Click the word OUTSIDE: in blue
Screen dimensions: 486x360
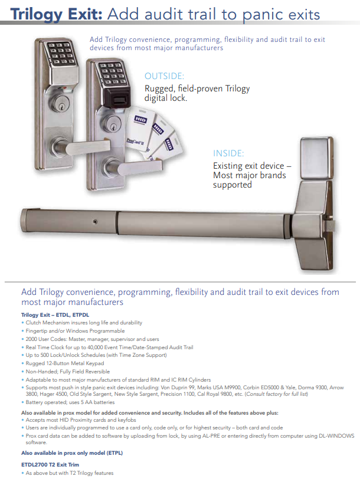click(164, 76)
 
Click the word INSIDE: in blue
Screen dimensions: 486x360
click(228, 154)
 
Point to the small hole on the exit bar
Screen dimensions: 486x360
click(96, 222)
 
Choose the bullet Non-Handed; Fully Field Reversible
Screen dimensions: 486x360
click(67, 372)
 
